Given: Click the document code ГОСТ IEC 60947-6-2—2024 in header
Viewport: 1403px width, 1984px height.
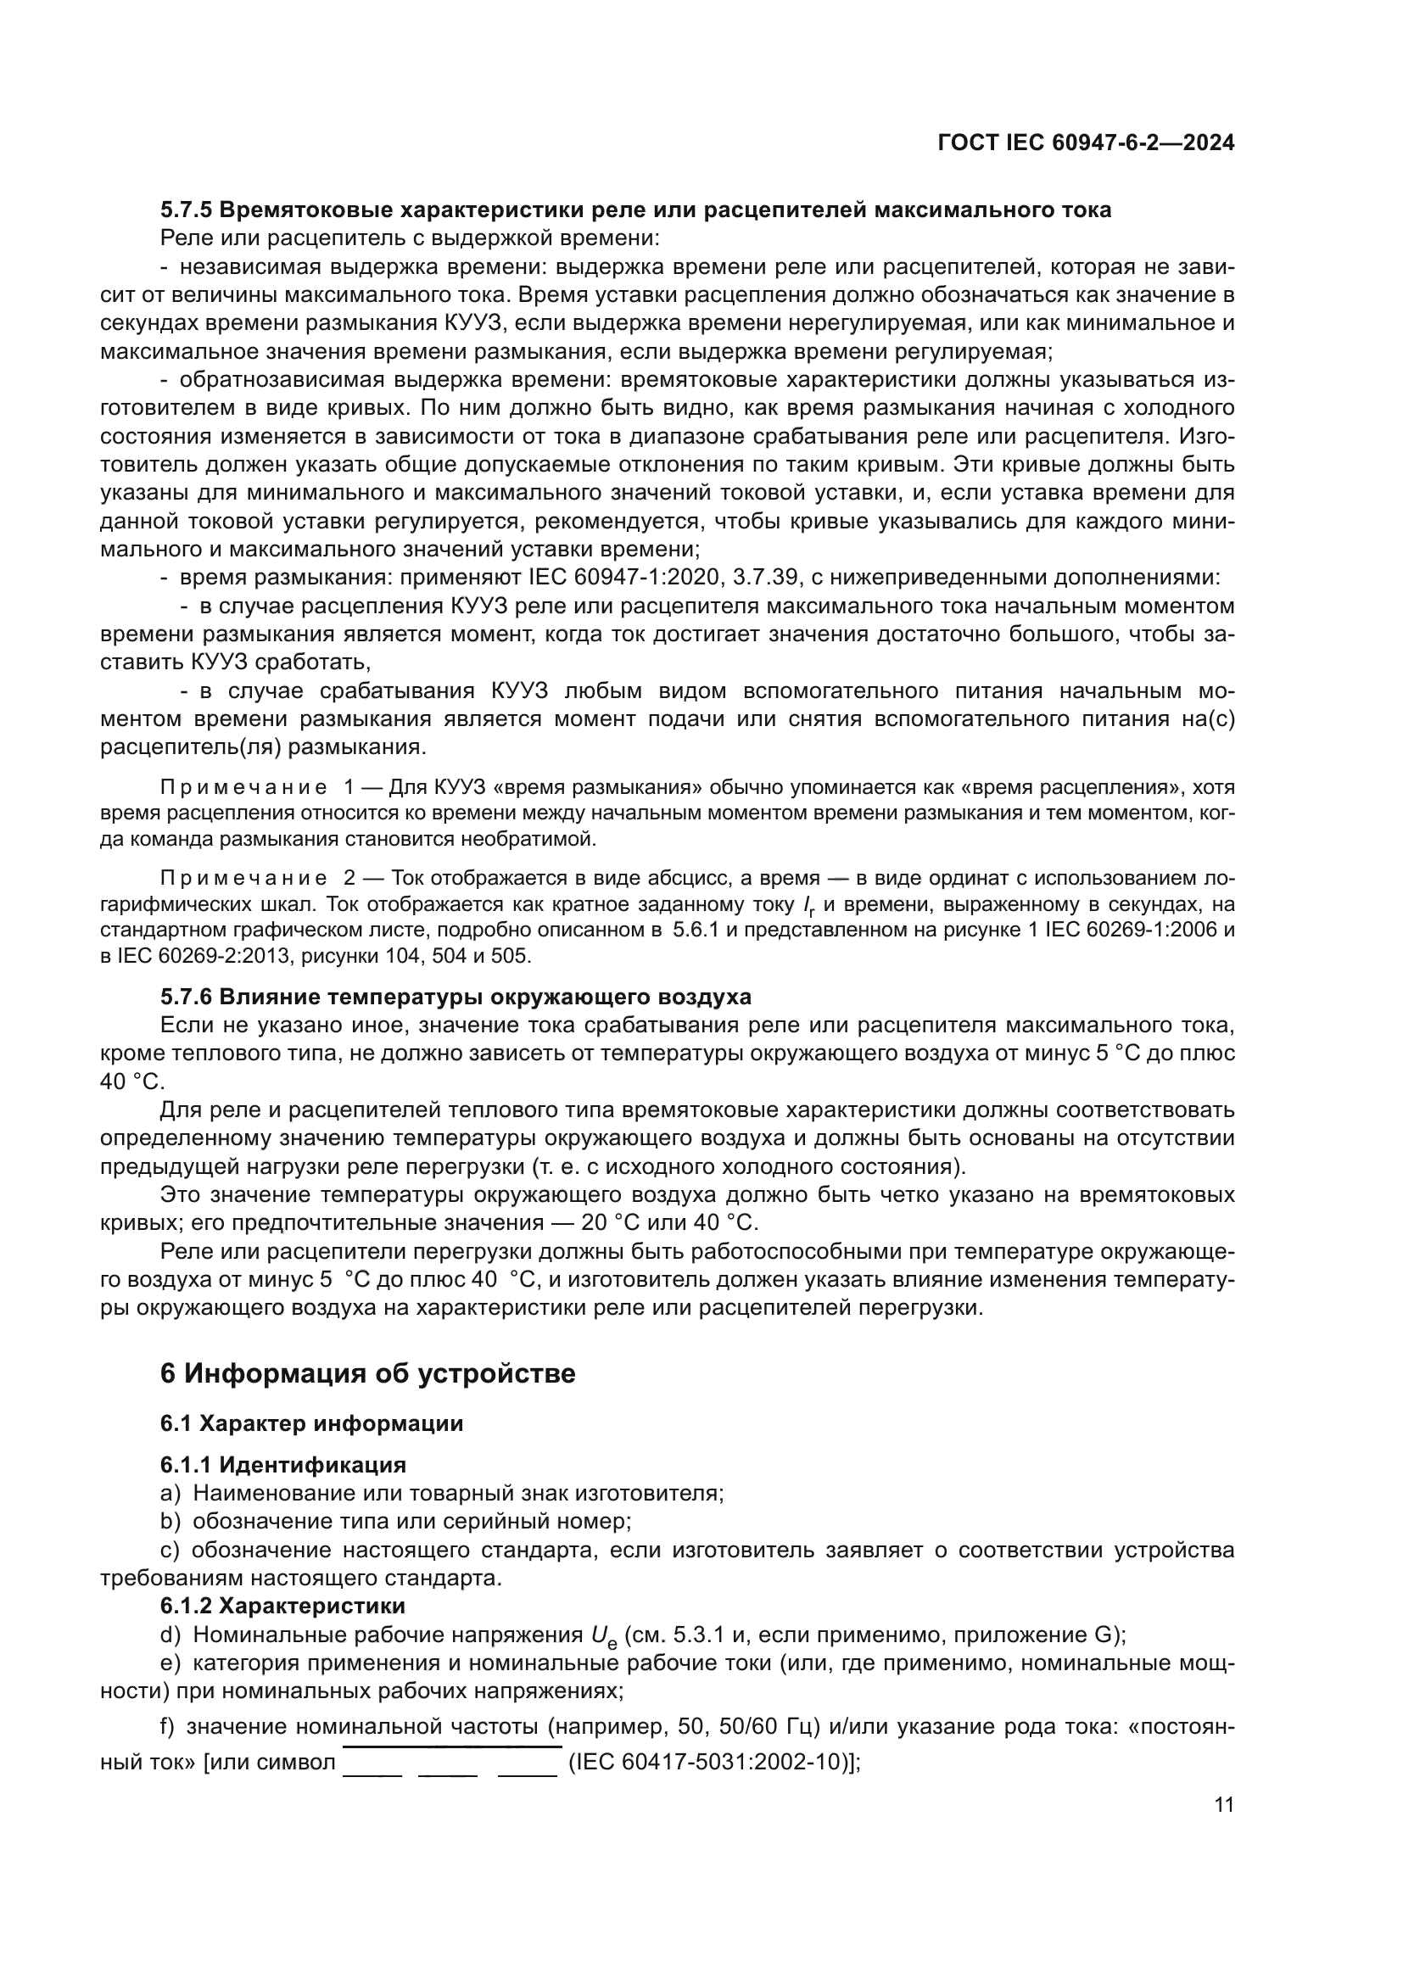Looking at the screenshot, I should (1085, 143).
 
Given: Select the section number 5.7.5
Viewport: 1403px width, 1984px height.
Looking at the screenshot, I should (186, 210).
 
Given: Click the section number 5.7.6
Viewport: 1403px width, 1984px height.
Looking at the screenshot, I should (186, 998).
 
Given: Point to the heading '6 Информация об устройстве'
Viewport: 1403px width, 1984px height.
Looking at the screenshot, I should (367, 1373).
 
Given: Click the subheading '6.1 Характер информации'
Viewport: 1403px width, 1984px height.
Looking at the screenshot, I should (311, 1424).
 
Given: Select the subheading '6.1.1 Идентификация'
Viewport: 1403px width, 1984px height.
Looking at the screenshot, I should (282, 1465).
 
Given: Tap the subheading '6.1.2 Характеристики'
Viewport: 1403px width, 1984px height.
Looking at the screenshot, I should (282, 1607).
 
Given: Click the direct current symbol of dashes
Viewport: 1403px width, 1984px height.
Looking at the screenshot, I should (451, 1758).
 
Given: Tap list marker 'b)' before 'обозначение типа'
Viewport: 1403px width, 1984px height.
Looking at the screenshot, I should (170, 1522).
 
